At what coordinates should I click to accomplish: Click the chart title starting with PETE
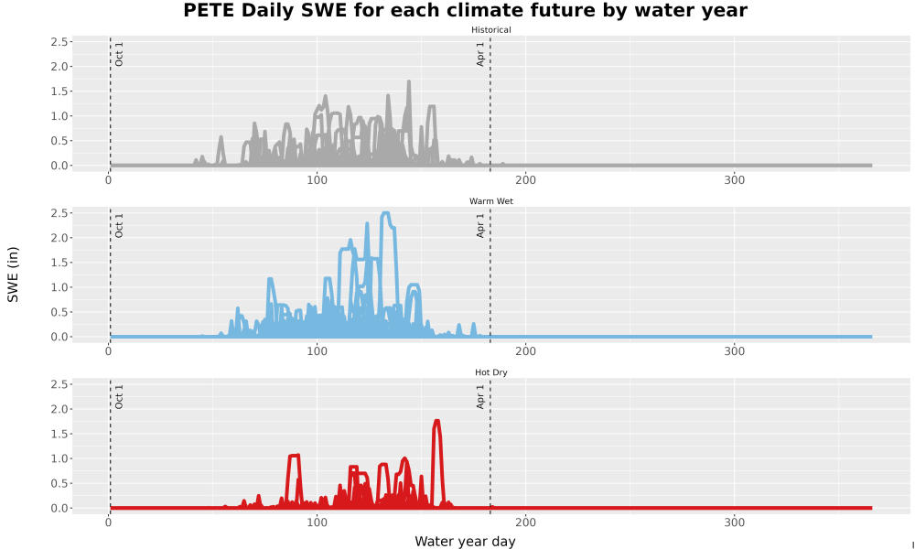(x=465, y=10)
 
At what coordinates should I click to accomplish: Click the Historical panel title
(x=490, y=30)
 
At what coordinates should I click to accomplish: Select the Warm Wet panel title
(x=490, y=201)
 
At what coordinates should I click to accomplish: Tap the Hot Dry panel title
(x=490, y=372)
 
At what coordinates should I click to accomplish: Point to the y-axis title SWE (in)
(x=13, y=274)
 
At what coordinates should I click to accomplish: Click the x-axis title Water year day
(x=465, y=542)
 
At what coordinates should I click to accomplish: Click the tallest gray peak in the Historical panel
(x=408, y=82)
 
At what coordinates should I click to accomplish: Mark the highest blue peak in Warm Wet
(x=385, y=214)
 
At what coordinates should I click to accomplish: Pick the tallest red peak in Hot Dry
(x=436, y=422)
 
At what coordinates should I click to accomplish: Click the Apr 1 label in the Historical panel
(x=480, y=54)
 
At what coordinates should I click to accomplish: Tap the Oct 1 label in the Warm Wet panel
(x=119, y=226)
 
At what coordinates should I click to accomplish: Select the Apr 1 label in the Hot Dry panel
(x=480, y=397)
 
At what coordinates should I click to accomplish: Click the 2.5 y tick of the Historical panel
(x=59, y=42)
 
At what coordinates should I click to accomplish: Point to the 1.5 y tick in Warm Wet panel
(x=59, y=263)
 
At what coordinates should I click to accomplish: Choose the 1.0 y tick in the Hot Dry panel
(x=59, y=458)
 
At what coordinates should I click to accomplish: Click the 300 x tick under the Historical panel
(x=734, y=180)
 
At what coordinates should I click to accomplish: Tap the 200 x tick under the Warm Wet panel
(x=526, y=351)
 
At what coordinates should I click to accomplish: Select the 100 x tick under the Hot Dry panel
(x=317, y=522)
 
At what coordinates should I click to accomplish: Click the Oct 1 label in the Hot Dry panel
(x=119, y=397)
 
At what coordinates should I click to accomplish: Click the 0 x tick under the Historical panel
(x=109, y=180)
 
